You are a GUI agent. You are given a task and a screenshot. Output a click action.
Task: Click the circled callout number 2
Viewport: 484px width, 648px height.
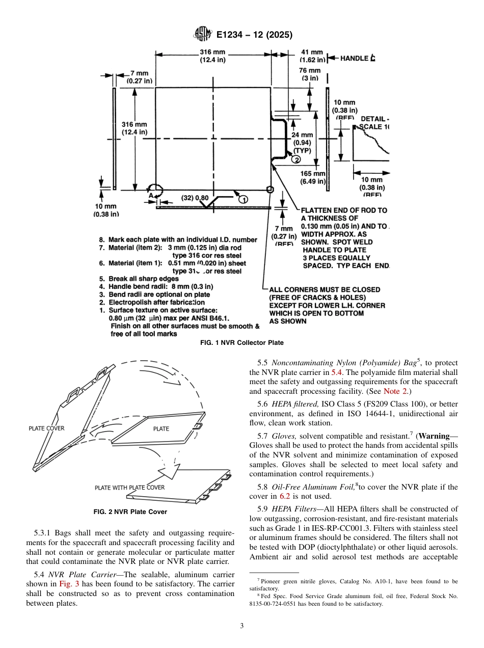click(296, 159)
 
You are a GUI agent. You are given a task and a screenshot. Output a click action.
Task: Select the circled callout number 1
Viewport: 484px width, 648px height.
click(243, 198)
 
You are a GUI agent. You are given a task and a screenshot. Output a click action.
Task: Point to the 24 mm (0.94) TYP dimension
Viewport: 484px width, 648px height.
click(302, 143)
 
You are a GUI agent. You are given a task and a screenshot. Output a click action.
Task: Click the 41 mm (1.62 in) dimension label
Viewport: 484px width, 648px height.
click(312, 56)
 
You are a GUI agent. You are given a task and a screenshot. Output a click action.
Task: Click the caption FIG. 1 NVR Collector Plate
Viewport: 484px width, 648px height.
click(242, 343)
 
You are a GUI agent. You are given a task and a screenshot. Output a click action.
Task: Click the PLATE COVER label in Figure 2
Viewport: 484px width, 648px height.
click(47, 428)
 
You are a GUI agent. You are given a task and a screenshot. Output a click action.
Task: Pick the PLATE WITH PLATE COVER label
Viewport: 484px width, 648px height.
click(129, 488)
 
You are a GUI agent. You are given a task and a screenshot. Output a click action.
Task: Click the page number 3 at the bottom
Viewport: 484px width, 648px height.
click(242, 626)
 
